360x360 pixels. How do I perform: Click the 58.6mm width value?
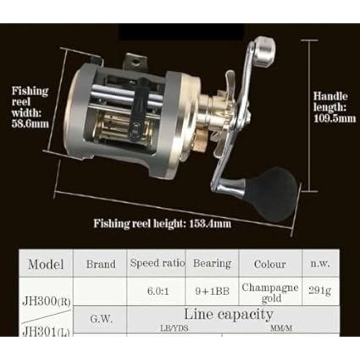30,124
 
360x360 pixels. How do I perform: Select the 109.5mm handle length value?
334,118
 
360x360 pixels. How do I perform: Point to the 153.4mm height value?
210,223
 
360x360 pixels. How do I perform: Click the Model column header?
46,264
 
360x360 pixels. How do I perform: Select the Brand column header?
101,264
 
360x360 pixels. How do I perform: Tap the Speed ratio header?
157,263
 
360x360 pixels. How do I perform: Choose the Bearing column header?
212,264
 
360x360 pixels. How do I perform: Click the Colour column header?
270,264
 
